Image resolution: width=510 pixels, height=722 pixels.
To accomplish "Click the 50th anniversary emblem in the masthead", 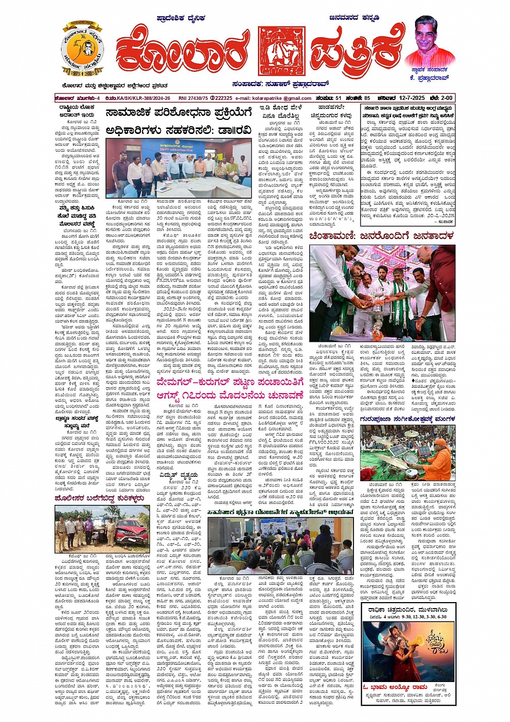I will point(82,50).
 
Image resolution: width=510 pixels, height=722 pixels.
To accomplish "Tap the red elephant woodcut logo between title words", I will point(281,50).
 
